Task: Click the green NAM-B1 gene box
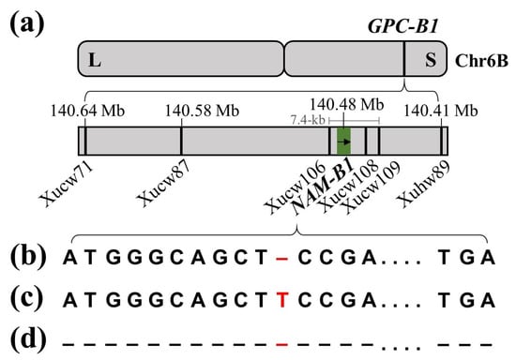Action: (x=344, y=141)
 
